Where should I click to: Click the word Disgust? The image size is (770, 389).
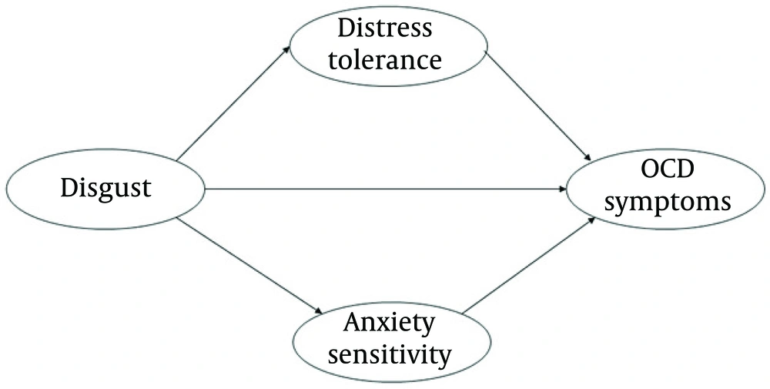pyautogui.click(x=105, y=188)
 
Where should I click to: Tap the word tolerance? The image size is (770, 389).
pyautogui.click(x=386, y=59)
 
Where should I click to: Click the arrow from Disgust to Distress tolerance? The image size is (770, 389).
pyautogui.click(x=233, y=103)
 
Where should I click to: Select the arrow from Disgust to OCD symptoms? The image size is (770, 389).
pyautogui.click(x=385, y=188)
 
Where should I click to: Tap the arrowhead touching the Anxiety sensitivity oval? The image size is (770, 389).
pyautogui.click(x=317, y=311)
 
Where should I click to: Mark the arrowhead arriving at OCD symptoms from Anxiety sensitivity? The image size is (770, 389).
pyautogui.click(x=591, y=220)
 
